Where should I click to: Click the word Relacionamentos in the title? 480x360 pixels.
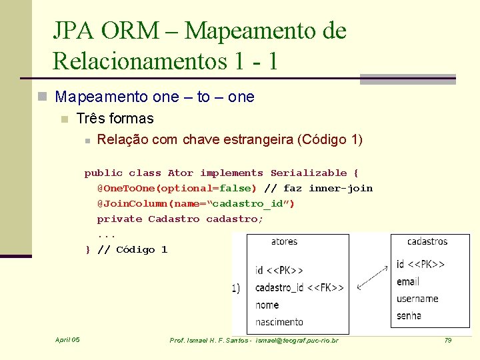click(x=137, y=61)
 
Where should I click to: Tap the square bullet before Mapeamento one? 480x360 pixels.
click(x=43, y=97)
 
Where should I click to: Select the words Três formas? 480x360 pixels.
click(x=115, y=119)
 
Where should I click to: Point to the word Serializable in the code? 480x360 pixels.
click(x=309, y=173)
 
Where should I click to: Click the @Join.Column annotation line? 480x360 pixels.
click(x=195, y=204)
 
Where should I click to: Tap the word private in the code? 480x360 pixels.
click(x=119, y=219)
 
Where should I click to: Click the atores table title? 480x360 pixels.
click(x=285, y=241)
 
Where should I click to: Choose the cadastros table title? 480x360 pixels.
click(x=427, y=241)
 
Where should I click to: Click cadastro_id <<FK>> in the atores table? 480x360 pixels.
click(x=299, y=287)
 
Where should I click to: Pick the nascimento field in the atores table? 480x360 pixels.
click(x=279, y=322)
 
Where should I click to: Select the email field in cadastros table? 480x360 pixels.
click(x=407, y=281)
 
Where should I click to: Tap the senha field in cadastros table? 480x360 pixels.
click(x=409, y=315)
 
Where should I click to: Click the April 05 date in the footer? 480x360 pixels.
click(x=67, y=340)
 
